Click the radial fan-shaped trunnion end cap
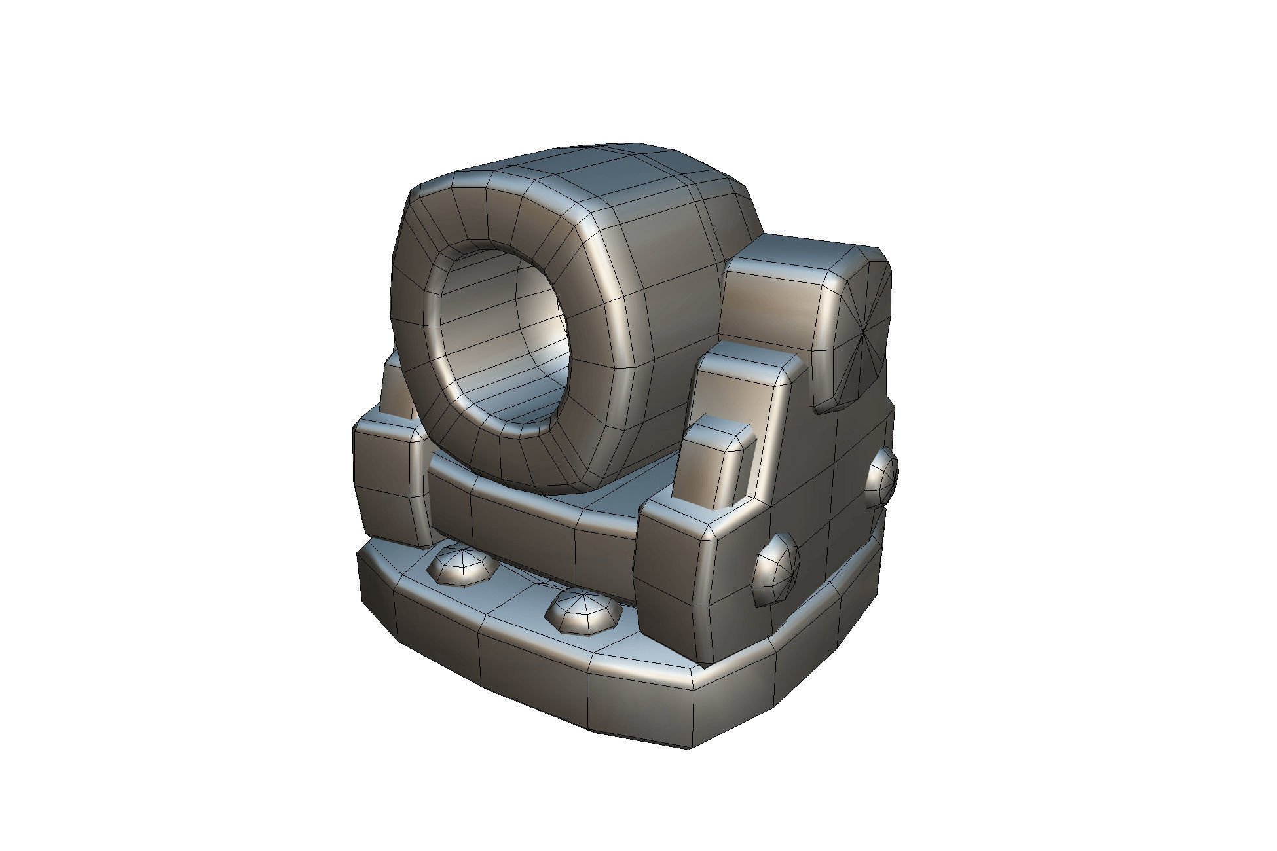click(x=861, y=334)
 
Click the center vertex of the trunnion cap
click(x=864, y=336)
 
